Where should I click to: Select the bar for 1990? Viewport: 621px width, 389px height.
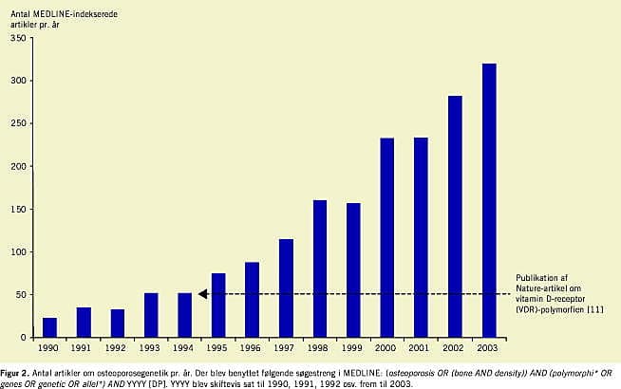pos(50,327)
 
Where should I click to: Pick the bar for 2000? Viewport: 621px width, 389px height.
pos(387,237)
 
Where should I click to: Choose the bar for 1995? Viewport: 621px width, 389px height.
pos(218,305)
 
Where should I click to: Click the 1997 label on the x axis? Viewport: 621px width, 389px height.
pos(286,347)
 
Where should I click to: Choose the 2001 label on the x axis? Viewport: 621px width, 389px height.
pos(422,347)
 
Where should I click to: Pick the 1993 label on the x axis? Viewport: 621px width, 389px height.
pos(151,347)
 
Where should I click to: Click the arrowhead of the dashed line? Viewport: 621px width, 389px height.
pos(203,294)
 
